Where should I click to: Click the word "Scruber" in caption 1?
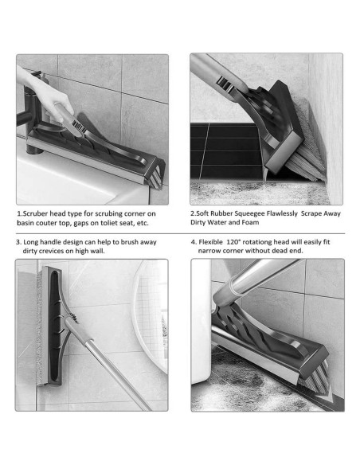[35, 213]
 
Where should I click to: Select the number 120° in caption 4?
[233, 242]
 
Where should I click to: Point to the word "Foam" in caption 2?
[250, 222]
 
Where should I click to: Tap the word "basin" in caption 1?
[25, 223]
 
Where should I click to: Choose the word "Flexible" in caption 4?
[210, 242]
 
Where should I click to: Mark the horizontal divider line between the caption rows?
[181, 233]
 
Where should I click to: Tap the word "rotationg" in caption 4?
[256, 242]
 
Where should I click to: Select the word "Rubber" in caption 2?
[222, 213]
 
